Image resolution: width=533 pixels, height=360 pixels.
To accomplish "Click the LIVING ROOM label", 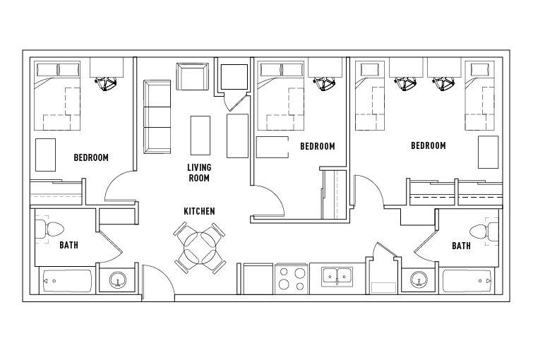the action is pyautogui.click(x=199, y=173).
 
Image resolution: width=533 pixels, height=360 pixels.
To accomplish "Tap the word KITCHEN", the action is pyautogui.click(x=199, y=212).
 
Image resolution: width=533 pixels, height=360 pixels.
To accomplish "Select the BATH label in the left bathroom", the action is pyautogui.click(x=68, y=245).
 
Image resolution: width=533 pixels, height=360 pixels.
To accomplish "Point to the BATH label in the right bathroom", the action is pyautogui.click(x=461, y=246).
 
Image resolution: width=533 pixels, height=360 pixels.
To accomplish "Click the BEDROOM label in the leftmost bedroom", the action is pyautogui.click(x=91, y=157).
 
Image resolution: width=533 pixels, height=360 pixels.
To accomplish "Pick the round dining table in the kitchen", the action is pyautogui.click(x=200, y=248).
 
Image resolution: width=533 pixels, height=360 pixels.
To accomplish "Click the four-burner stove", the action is pyautogui.click(x=292, y=279).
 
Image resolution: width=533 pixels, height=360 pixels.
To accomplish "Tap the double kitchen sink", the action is pyautogui.click(x=337, y=277).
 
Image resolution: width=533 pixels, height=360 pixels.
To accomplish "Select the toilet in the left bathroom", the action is pyautogui.click(x=49, y=229).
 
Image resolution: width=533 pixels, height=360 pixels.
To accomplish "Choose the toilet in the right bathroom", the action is pyautogui.click(x=484, y=231).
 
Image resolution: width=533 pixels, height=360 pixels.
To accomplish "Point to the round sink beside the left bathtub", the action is pyautogui.click(x=118, y=280).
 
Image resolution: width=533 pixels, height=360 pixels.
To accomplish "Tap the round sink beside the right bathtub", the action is pyautogui.click(x=419, y=280).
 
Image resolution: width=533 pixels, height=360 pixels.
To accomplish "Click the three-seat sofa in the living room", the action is pyautogui.click(x=157, y=117).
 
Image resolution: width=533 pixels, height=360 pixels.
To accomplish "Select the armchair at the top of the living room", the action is pyautogui.click(x=193, y=76).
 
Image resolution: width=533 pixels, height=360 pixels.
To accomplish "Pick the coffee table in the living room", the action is pyautogui.click(x=200, y=136).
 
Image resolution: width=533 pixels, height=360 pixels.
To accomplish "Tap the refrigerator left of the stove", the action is pyautogui.click(x=258, y=279).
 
